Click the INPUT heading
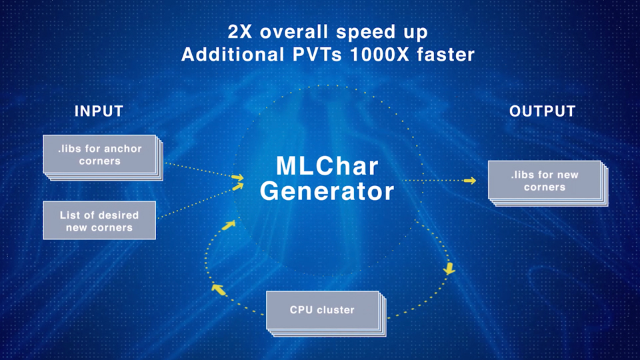pyautogui.click(x=99, y=111)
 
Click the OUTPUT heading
pyautogui.click(x=542, y=111)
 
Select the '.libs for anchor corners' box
pyautogui.click(x=99, y=155)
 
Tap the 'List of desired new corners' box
pyautogui.click(x=99, y=221)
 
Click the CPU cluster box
pyautogui.click(x=322, y=310)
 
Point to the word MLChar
pyautogui.click(x=327, y=165)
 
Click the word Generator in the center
pyautogui.click(x=327, y=191)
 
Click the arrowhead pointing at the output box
pyautogui.click(x=471, y=180)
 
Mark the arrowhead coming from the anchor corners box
pyautogui.click(x=238, y=177)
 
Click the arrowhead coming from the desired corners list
pyautogui.click(x=239, y=187)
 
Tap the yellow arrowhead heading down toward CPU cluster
pyautogui.click(x=449, y=269)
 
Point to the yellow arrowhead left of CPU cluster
pyautogui.click(x=217, y=288)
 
